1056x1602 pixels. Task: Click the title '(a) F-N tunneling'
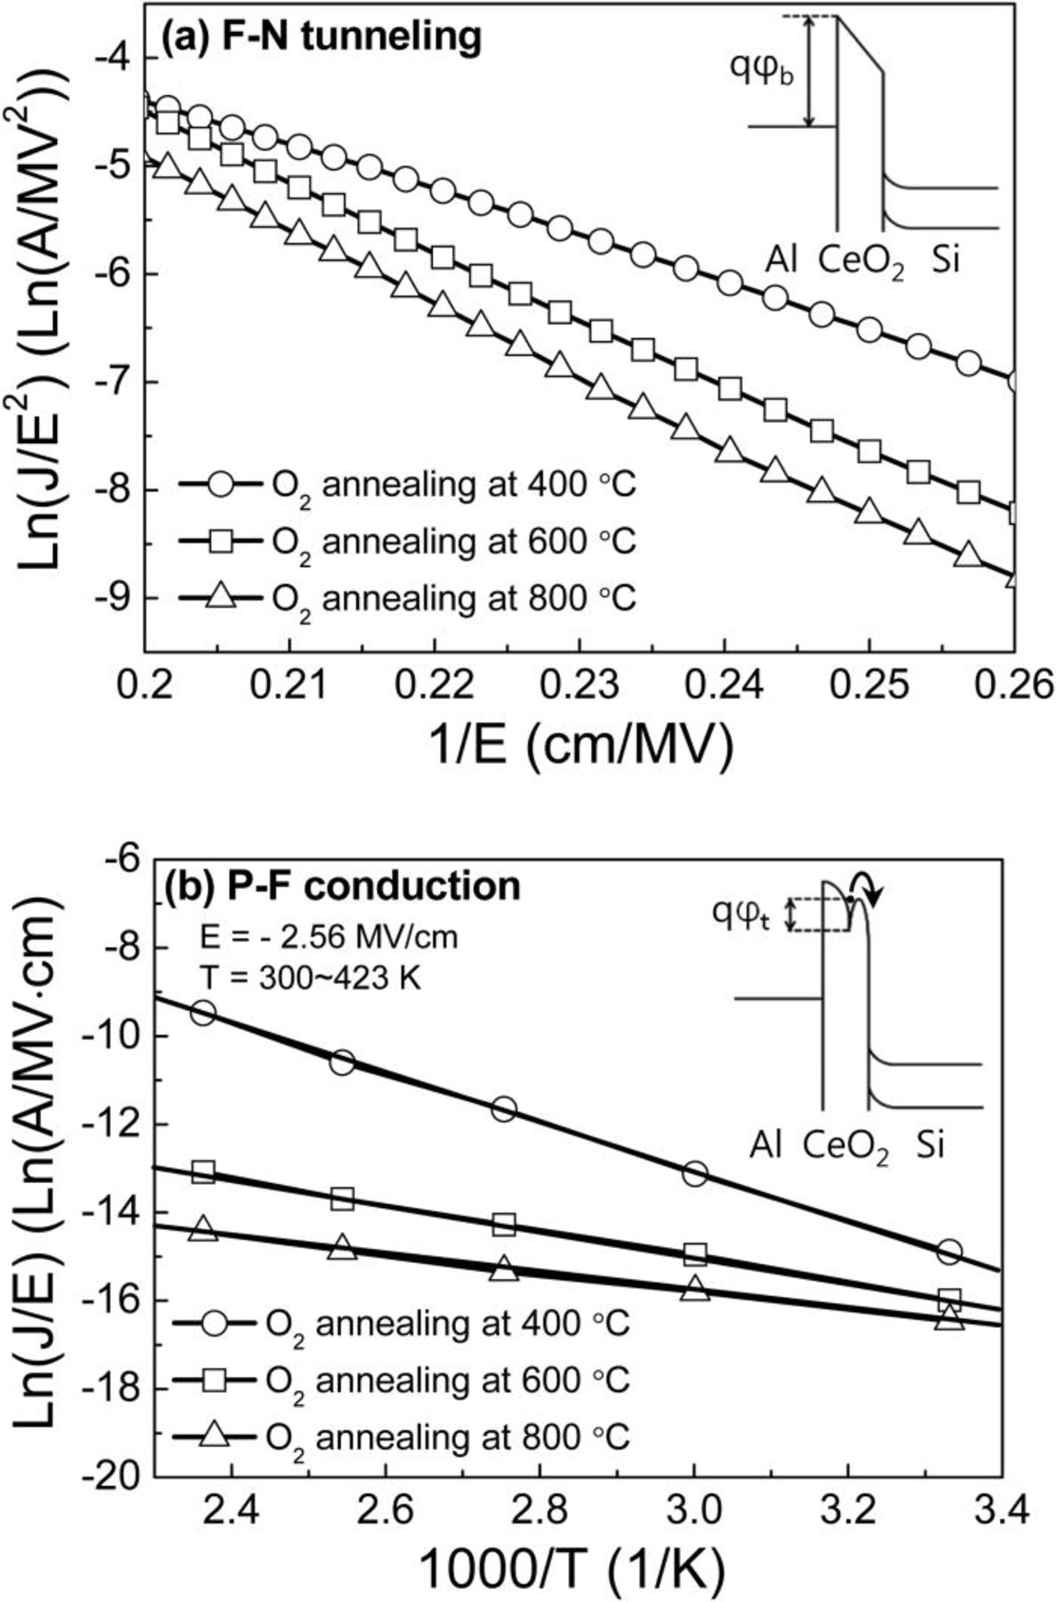321,37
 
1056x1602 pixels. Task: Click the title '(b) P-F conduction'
342,886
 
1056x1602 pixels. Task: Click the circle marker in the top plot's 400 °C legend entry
220,486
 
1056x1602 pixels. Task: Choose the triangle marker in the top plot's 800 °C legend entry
220,597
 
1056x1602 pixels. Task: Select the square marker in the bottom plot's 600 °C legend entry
215,1380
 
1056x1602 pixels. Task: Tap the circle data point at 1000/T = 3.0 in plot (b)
695,1174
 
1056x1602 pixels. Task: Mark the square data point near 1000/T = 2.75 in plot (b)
504,1226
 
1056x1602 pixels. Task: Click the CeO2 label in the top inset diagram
860,262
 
